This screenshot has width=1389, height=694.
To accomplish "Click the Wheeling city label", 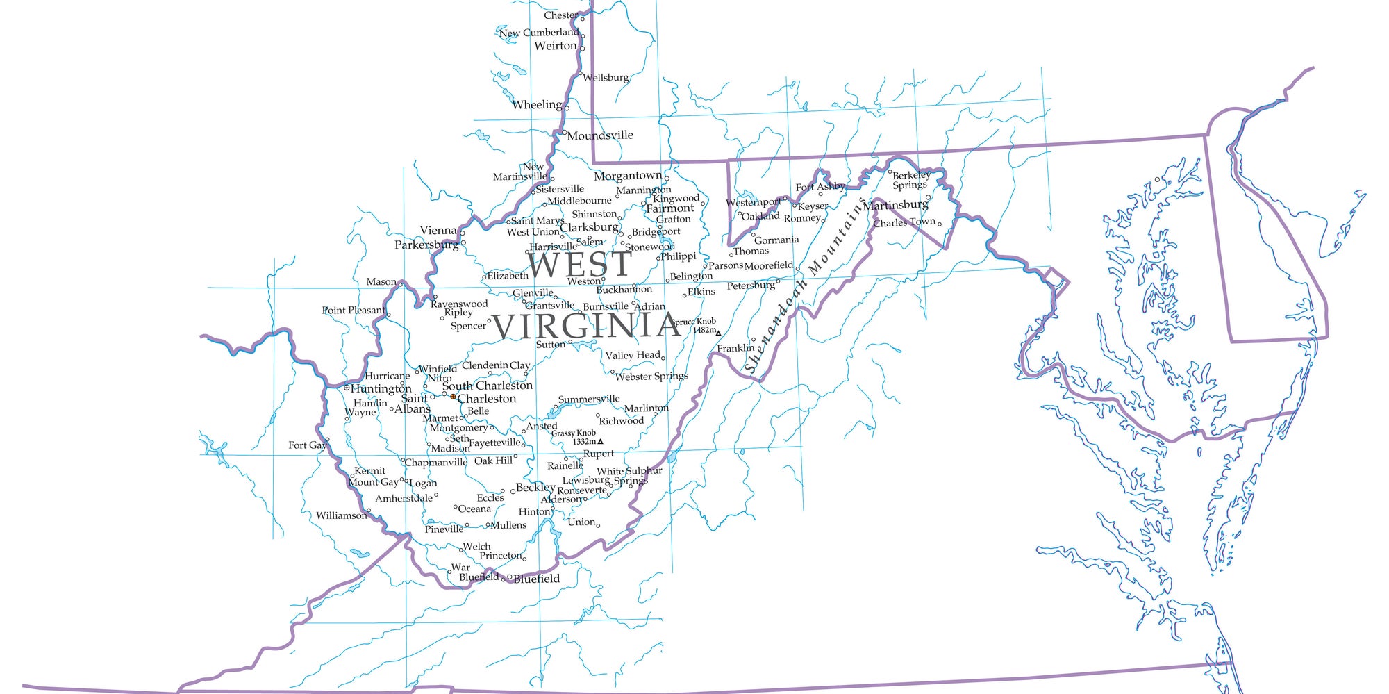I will point(537,105).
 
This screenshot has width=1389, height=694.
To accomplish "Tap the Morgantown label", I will point(628,176).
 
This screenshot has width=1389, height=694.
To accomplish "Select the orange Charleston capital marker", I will point(454,397).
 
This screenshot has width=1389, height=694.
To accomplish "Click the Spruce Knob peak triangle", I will point(719,333).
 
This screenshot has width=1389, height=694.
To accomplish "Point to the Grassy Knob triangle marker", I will point(600,442).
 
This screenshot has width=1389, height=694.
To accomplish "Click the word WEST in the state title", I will point(579,265).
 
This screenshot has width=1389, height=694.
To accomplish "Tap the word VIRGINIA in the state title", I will point(585,326).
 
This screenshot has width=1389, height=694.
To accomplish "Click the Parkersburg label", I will point(426,245).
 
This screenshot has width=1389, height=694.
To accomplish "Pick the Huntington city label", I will point(381,388).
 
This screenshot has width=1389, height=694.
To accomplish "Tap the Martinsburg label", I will point(895,205).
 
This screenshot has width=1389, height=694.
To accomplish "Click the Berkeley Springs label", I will point(910,180).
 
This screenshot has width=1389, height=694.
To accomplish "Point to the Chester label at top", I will point(560,15).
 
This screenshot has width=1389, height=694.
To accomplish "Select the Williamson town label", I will point(341,515).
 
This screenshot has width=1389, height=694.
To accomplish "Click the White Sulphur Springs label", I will point(630,475).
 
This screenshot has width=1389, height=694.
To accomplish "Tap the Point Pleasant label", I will point(353,310).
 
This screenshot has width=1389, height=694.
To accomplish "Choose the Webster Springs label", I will point(651,377).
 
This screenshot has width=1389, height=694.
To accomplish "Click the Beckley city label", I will point(535,487).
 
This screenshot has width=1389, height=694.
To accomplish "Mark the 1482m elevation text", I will point(704,330).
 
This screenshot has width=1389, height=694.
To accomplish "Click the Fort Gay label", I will point(306,445).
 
